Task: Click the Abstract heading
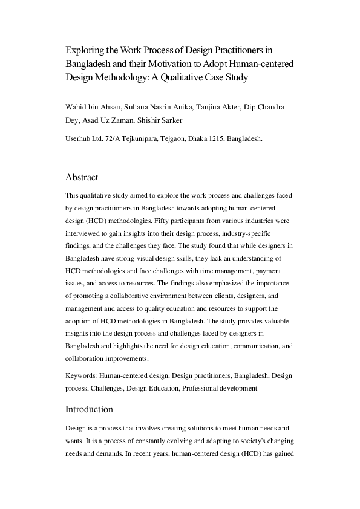(82, 178)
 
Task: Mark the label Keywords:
(81, 376)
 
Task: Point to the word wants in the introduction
(74, 440)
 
